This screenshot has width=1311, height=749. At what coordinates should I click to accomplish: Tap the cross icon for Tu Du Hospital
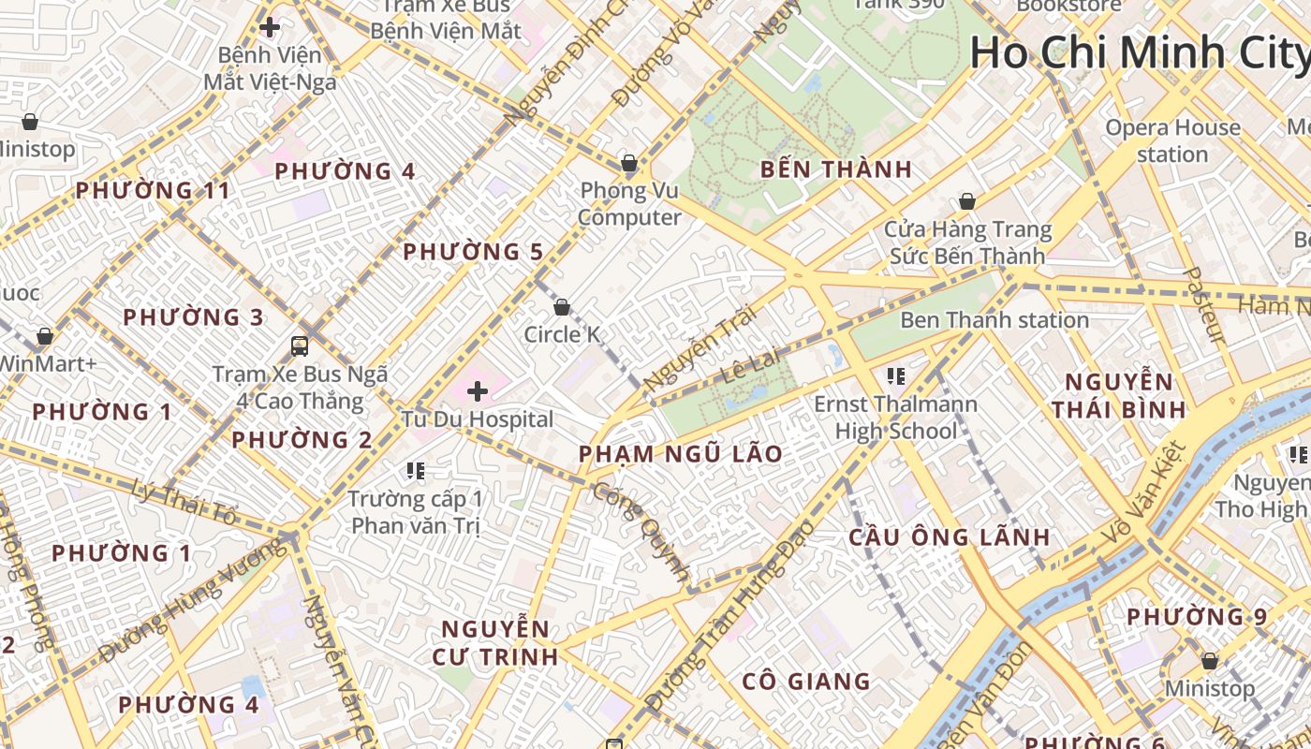coord(478,390)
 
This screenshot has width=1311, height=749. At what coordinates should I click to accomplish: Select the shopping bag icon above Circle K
coord(562,307)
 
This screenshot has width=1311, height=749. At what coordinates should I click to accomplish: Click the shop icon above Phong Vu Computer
coord(629,164)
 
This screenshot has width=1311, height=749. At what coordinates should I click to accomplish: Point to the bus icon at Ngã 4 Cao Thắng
coord(300,346)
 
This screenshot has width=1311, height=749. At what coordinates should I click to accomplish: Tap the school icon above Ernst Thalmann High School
coord(895,376)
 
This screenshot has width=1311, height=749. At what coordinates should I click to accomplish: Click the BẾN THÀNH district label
coord(835,169)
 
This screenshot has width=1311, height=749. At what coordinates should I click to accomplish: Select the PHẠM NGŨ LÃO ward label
coord(680,454)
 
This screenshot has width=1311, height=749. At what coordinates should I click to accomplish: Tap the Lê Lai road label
coord(745,368)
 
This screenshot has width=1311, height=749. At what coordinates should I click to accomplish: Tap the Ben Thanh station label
coord(994,320)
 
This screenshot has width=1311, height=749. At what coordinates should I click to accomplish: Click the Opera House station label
coord(1172,140)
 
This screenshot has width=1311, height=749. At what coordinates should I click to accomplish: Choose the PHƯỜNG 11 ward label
coord(152,191)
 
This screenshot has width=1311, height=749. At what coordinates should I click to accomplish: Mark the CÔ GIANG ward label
coord(806,682)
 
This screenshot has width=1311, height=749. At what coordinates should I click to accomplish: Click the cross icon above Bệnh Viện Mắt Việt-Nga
coord(270,27)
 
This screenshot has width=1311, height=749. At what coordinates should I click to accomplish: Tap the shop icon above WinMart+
coord(44,335)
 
